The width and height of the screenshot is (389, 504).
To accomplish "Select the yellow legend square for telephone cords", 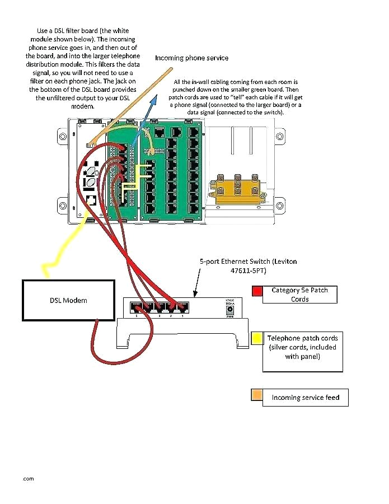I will (x=257, y=338).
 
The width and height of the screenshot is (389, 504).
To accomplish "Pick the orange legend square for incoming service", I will (x=257, y=396).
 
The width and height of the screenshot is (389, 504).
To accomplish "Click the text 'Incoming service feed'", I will (x=305, y=398).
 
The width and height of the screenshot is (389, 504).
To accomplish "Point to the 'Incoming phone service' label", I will (x=191, y=58).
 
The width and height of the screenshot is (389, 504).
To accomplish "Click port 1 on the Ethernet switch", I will (x=182, y=307).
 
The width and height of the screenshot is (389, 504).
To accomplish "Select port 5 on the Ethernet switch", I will (x=135, y=307).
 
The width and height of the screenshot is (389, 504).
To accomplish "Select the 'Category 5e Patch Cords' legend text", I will (x=299, y=295).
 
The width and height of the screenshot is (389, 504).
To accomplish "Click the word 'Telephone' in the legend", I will (x=284, y=338).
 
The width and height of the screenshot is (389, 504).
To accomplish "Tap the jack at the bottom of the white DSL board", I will (x=90, y=199).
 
